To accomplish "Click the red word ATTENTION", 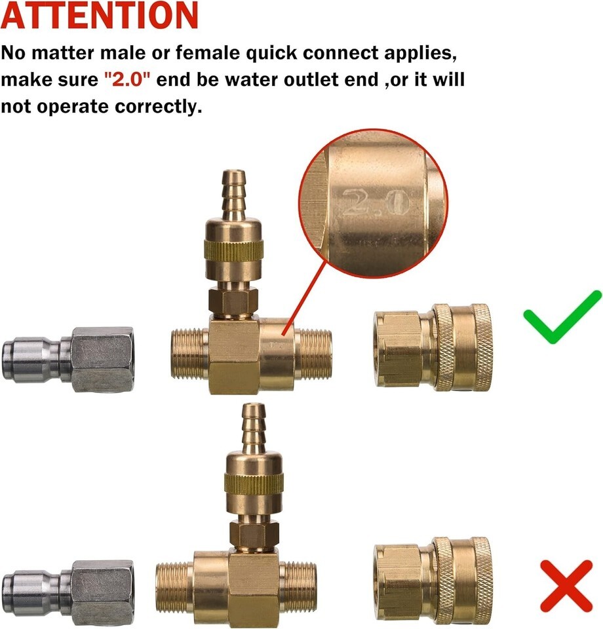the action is point(99,15).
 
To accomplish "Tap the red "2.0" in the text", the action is point(127,79).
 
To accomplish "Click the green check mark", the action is point(562,317).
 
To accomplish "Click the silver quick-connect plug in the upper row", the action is point(68,360).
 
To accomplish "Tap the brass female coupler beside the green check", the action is point(433,345).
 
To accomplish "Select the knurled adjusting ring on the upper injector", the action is point(233,250).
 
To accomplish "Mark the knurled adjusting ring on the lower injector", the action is point(254,484).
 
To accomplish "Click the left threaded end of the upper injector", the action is point(190,354).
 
